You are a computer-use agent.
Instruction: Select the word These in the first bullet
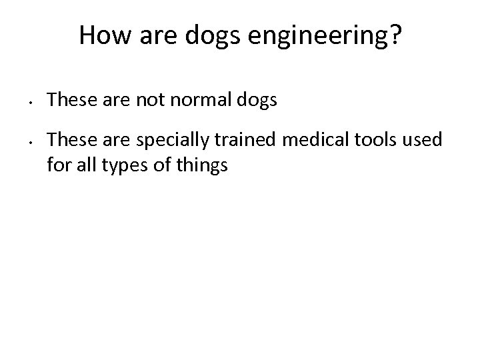point(69,101)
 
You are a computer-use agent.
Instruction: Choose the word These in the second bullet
point(69,140)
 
